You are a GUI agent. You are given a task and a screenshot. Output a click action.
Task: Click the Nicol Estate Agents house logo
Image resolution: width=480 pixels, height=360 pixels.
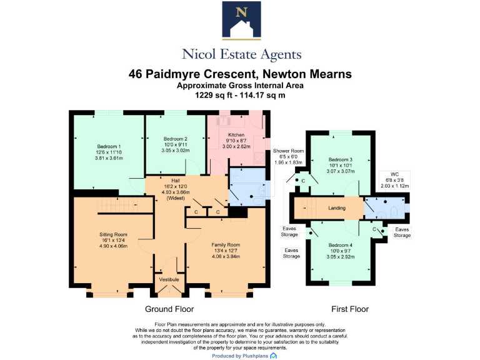tap(240, 21)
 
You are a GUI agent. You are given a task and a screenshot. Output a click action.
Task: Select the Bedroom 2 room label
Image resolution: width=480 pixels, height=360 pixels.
tap(176, 139)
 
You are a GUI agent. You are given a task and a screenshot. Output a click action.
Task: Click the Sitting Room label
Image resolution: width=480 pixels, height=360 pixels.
tap(113, 235)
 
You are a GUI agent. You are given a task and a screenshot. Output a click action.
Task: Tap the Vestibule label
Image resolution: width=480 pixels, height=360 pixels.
tap(169, 279)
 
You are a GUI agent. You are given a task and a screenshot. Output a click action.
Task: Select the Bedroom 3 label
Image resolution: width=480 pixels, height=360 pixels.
tap(341, 160)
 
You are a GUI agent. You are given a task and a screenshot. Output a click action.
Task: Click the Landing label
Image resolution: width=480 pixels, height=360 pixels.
tap(337, 208)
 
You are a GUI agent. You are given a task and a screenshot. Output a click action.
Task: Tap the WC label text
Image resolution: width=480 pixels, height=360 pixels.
tap(394, 174)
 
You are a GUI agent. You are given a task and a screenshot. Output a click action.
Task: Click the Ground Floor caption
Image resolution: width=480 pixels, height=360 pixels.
tap(169, 309)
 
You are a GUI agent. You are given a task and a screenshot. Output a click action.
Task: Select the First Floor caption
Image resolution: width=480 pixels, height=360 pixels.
tap(350, 309)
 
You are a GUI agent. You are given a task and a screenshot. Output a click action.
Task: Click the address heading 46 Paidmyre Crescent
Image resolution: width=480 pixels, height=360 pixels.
tap(240, 74)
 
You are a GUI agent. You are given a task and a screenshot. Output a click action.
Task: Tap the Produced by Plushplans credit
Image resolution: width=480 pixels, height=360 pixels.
tap(240, 356)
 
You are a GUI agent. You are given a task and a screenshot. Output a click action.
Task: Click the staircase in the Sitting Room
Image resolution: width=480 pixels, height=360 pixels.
tap(119, 206)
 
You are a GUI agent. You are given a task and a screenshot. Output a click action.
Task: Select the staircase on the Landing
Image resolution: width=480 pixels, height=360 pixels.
tap(306, 208)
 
